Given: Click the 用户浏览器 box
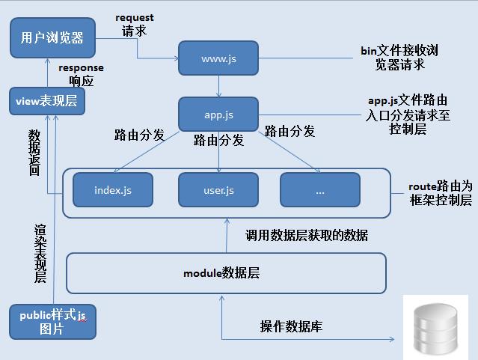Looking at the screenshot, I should coord(52,37).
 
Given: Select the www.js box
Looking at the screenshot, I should coord(218,58).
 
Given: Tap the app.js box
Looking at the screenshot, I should coord(218,115).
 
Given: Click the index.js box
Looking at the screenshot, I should coord(112,190).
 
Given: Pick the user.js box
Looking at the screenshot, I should coord(218,190).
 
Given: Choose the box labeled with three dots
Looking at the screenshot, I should coord(320,190).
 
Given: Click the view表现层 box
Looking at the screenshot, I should coord(46,101).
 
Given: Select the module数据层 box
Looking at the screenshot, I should coord(225,273).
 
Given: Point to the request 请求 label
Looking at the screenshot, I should coord(134,24).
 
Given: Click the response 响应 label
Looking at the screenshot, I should coord(81,73).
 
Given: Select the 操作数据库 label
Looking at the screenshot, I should coord(291,326).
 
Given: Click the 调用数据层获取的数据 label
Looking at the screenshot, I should coord(307,235).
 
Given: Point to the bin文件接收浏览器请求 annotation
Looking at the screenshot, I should coord(399,58).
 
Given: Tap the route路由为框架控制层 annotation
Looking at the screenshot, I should coord(440,192).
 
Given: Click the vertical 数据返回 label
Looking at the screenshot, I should coord(34,153).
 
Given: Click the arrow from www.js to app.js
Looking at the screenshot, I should coord(218,85).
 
